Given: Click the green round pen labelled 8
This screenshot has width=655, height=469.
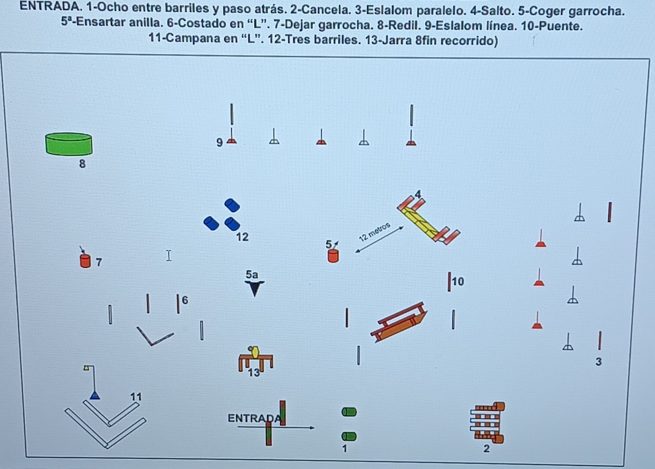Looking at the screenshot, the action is (x=69, y=144).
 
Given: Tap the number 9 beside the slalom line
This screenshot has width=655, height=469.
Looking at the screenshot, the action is (x=220, y=143).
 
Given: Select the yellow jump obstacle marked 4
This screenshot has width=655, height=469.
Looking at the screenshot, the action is (x=428, y=220).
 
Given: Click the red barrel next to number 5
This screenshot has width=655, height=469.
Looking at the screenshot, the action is (x=333, y=256).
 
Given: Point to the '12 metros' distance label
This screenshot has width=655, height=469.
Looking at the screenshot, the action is (x=375, y=232).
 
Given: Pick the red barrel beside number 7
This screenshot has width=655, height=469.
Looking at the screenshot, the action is (x=85, y=261).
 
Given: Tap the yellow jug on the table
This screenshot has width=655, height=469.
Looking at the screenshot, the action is (x=255, y=352).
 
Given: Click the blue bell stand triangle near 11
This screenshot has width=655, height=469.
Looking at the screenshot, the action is (x=95, y=396).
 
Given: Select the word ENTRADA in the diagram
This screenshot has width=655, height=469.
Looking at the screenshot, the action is (x=254, y=418).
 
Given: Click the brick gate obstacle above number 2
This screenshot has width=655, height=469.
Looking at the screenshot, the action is (x=487, y=422).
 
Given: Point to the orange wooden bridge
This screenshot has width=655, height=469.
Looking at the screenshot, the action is (x=399, y=322).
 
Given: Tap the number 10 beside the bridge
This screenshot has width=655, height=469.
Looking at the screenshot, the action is (x=458, y=281).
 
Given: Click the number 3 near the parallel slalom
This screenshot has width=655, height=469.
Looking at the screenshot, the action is (x=599, y=362).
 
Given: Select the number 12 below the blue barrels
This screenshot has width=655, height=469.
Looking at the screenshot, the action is (x=242, y=237).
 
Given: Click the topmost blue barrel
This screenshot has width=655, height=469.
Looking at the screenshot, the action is (x=232, y=205).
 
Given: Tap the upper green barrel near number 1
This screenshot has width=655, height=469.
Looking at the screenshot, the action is (x=349, y=412).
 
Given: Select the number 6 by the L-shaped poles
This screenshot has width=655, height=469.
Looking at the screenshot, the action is (x=185, y=300).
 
